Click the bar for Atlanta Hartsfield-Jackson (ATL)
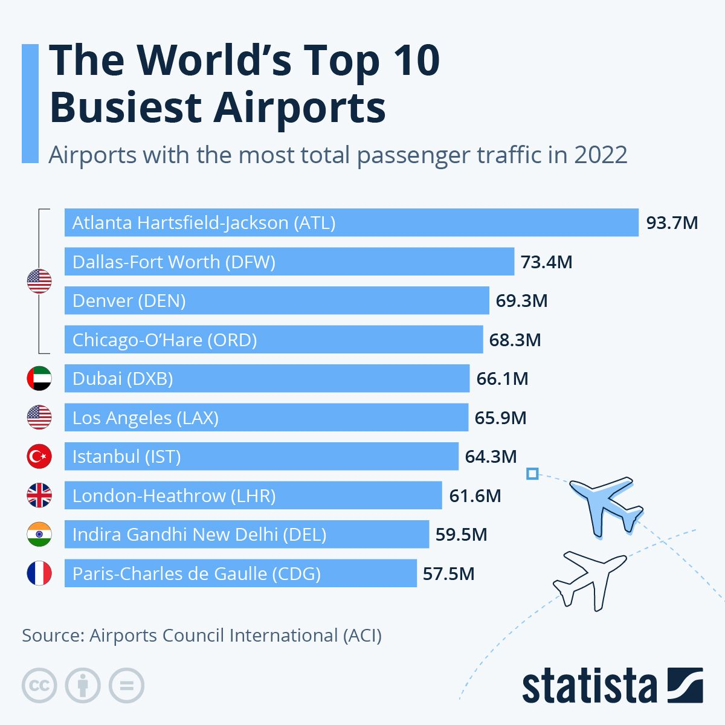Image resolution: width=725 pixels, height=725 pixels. coord(351,222)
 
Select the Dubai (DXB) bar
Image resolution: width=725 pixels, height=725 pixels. coord(266,378)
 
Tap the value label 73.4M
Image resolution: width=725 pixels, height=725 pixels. coord(546,262)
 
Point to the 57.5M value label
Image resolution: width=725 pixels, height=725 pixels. coord(448,573)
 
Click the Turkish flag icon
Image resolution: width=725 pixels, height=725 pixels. coord(39,456)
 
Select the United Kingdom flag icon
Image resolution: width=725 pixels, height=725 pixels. coord(39,495)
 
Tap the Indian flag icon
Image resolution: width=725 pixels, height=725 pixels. coord(39,535)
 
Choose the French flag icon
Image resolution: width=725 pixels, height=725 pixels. coord(39,573)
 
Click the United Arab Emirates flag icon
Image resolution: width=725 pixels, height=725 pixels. coord(39,378)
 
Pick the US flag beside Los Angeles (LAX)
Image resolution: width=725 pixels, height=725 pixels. coord(39,417)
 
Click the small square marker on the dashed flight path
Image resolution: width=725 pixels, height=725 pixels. coord(532,474)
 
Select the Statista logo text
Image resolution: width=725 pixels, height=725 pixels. coord(588,686)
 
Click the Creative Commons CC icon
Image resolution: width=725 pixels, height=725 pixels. coord(39,686)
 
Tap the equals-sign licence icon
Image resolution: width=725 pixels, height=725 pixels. coord(126,686)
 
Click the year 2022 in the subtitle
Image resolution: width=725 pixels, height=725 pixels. coord(601,155)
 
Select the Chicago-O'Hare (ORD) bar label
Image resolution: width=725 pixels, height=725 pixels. coord(164,340)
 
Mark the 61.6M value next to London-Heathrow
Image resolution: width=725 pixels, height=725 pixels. coord(475,496)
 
